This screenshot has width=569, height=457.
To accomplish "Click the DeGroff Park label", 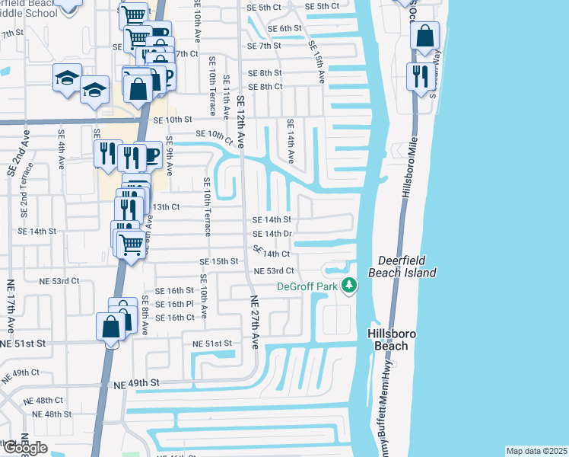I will click(x=306, y=286).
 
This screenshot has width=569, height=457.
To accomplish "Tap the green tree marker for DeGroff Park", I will click(x=349, y=286).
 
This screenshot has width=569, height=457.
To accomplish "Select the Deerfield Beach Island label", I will click(x=402, y=267).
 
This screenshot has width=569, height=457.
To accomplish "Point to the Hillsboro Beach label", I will click(x=388, y=340).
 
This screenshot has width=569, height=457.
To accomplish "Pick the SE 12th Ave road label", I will click(x=242, y=122).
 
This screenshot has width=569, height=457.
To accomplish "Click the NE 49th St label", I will click(x=137, y=382).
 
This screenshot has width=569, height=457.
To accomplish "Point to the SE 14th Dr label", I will click(x=272, y=234).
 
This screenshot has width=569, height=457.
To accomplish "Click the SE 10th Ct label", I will click(x=213, y=136).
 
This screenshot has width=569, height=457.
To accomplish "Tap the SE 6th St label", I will click(x=284, y=28).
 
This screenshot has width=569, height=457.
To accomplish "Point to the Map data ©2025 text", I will click(x=537, y=451).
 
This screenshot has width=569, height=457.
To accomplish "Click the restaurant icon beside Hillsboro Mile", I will click(x=420, y=75).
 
